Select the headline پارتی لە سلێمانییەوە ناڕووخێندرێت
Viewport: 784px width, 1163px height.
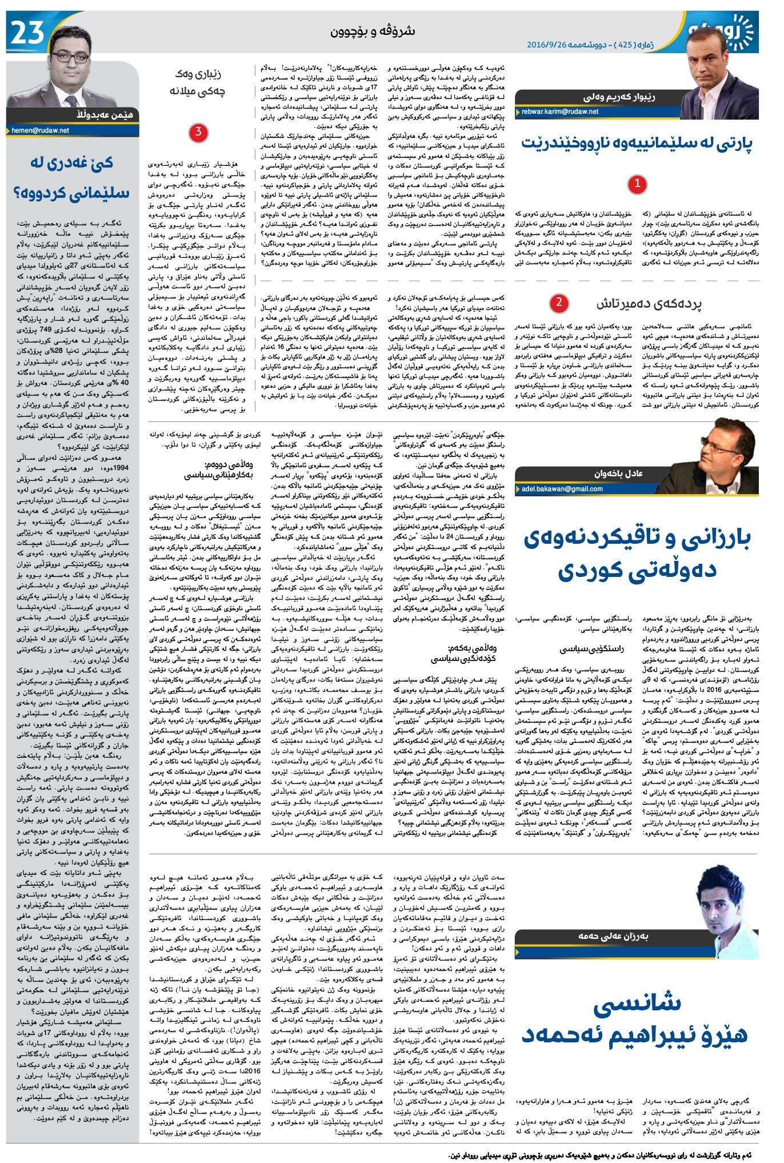tap(637, 144)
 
